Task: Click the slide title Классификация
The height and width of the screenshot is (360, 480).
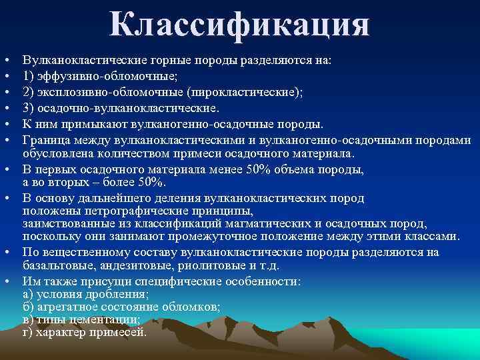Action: (240, 25)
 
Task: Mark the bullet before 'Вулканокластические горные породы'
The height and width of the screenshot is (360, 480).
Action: (5, 60)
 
